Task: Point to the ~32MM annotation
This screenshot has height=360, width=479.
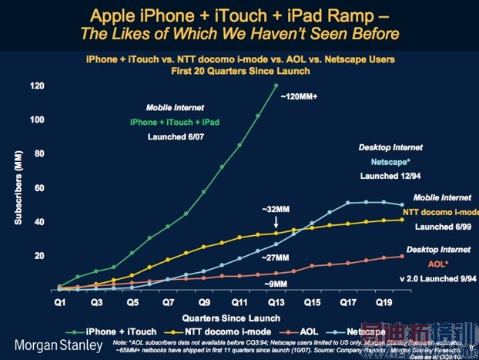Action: click(x=275, y=208)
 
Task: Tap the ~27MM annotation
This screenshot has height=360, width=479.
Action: click(x=275, y=257)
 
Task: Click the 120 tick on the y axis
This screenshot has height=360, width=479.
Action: click(x=37, y=86)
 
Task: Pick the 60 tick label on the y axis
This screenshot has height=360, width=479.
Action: click(x=39, y=187)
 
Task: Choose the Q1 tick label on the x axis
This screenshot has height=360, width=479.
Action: click(x=59, y=304)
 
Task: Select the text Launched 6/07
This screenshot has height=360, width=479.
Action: click(x=179, y=136)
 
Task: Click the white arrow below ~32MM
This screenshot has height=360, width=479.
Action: click(x=275, y=222)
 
